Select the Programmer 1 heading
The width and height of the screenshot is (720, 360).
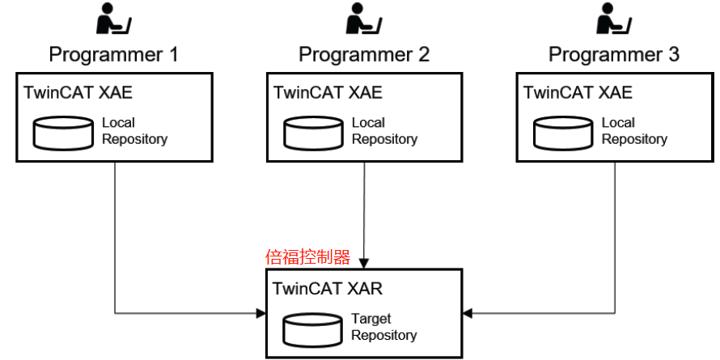pos(113,55)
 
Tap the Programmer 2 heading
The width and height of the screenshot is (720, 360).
pos(363,55)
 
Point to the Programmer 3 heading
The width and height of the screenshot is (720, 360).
pos(613,55)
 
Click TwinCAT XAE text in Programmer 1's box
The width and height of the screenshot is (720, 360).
pos(78,92)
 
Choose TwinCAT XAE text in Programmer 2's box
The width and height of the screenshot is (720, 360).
pos(328,92)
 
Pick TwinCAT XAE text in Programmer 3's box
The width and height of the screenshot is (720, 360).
pos(578,92)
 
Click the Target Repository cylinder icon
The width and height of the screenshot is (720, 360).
pos(311,328)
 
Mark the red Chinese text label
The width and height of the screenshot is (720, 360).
pos(307,257)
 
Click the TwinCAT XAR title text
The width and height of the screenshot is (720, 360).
pos(328,288)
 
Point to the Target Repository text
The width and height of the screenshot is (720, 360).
pos(383,327)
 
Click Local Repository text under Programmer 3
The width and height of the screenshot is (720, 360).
pos(633,131)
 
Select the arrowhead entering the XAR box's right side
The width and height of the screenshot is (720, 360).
pos(468,312)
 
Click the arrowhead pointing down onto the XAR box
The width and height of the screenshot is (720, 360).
pos(364,263)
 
